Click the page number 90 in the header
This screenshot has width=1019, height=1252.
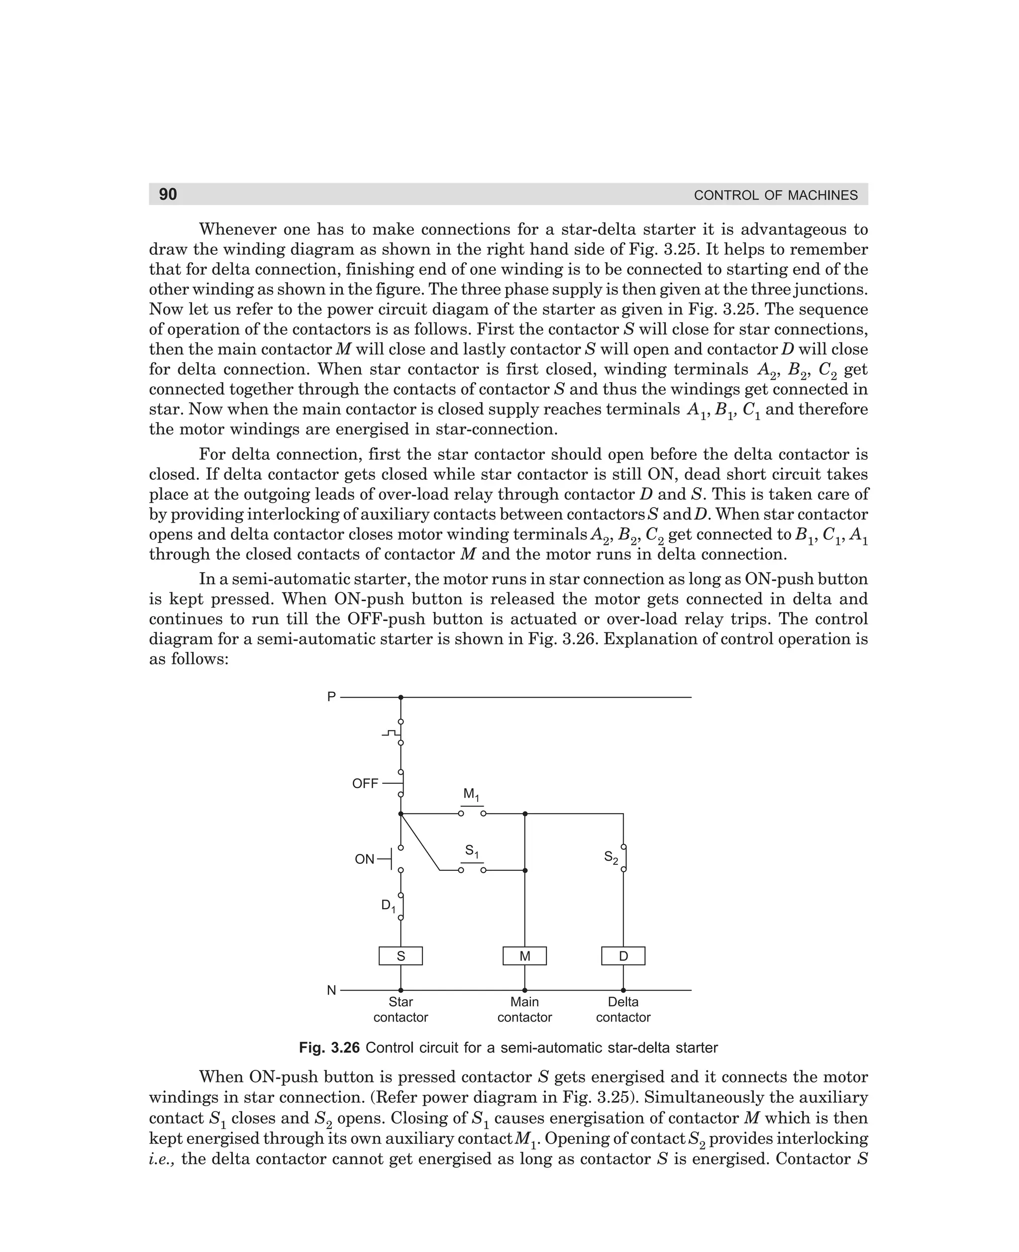pos(168,194)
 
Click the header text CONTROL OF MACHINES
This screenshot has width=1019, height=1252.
pos(775,196)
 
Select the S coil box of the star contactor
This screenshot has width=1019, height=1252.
pos(401,956)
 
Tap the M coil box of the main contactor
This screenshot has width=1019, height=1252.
pos(525,956)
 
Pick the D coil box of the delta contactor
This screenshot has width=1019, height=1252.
pos(623,956)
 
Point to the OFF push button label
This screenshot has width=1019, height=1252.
pos(365,784)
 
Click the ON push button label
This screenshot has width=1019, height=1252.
pos(365,859)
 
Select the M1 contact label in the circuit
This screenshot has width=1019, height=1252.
pos(471,795)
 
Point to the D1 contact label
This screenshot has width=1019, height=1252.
pos(388,906)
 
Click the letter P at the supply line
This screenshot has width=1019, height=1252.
pos(332,697)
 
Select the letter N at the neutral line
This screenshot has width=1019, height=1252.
pos(332,991)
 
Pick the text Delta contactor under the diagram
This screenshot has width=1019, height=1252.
pos(623,1010)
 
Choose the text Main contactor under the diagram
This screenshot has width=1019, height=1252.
pos(525,1010)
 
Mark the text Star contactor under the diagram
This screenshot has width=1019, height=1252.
pos(401,1010)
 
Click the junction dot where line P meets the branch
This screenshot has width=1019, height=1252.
pos(401,697)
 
